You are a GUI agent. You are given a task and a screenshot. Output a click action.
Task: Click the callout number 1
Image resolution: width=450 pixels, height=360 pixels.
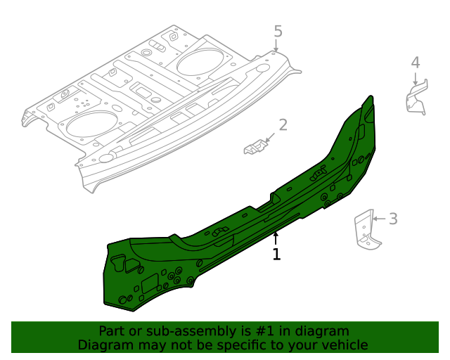(276, 255)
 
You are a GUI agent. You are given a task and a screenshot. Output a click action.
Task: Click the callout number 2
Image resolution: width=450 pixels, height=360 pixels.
(283, 125)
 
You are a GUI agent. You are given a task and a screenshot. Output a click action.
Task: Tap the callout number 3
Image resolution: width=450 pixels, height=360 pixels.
(393, 219)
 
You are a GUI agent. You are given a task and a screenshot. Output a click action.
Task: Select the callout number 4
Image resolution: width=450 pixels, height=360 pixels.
(416, 63)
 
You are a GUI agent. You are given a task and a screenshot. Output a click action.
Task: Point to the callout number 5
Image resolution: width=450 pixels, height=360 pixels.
(278, 31)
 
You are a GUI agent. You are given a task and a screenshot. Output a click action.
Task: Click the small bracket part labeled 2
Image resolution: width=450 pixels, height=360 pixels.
(255, 147)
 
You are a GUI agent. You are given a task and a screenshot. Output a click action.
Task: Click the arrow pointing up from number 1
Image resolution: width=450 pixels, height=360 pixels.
(276, 238)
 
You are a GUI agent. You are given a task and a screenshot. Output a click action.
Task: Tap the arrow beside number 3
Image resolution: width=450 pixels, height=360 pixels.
(378, 219)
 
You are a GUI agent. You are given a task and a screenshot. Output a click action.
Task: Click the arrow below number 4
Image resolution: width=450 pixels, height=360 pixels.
(416, 79)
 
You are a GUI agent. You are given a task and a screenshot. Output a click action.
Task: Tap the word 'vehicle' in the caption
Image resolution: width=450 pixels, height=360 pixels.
(344, 345)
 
